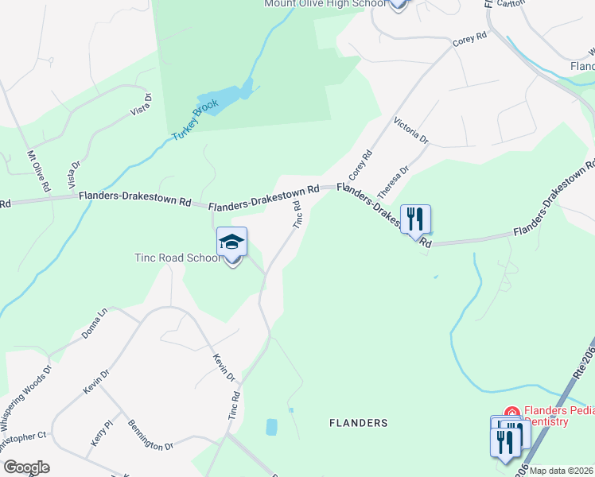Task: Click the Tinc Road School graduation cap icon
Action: [x=232, y=242]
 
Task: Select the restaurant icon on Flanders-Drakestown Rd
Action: [x=415, y=219]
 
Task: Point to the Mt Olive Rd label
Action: [x=39, y=172]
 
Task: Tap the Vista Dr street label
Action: [x=140, y=103]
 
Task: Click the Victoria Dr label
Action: [x=411, y=133]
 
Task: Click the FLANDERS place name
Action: [x=359, y=423]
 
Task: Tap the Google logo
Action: [x=27, y=467]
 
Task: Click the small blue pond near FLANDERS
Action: [x=271, y=427]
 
